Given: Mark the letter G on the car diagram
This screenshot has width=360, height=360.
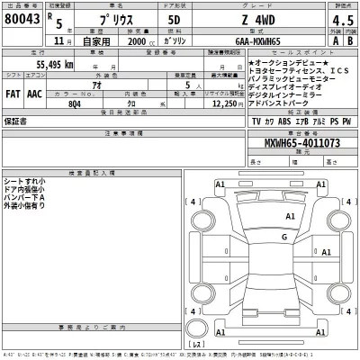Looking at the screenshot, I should pyautogui.click(x=283, y=237).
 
